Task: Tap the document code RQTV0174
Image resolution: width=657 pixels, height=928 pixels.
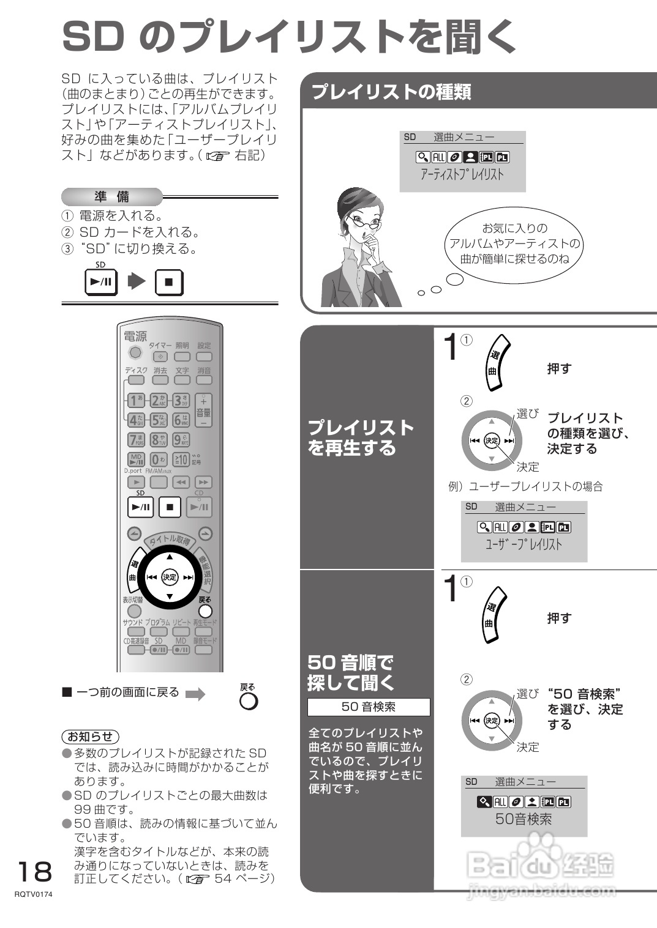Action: pyautogui.click(x=34, y=894)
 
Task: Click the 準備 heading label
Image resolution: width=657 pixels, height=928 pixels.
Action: pyautogui.click(x=111, y=197)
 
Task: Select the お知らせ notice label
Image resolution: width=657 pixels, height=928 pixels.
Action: pyautogui.click(x=91, y=737)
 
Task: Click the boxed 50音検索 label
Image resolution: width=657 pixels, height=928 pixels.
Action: pyautogui.click(x=369, y=707)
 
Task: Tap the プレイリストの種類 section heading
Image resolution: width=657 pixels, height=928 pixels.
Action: pyautogui.click(x=392, y=92)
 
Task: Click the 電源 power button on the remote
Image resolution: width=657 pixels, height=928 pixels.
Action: pyautogui.click(x=135, y=352)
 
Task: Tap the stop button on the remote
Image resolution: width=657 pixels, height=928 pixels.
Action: pyautogui.click(x=170, y=507)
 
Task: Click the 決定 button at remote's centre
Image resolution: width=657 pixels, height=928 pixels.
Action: pyautogui.click(x=170, y=577)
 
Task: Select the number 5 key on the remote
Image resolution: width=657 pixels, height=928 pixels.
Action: pyautogui.click(x=159, y=420)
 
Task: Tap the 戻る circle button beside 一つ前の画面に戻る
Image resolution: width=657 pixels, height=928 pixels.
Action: pyautogui.click(x=249, y=700)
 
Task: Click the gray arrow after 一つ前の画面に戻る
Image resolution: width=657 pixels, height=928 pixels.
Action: pyautogui.click(x=195, y=694)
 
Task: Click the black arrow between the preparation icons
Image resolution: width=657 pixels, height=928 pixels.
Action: pyautogui.click(x=137, y=282)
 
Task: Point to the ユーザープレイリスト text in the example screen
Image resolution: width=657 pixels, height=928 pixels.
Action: pyautogui.click(x=524, y=544)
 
